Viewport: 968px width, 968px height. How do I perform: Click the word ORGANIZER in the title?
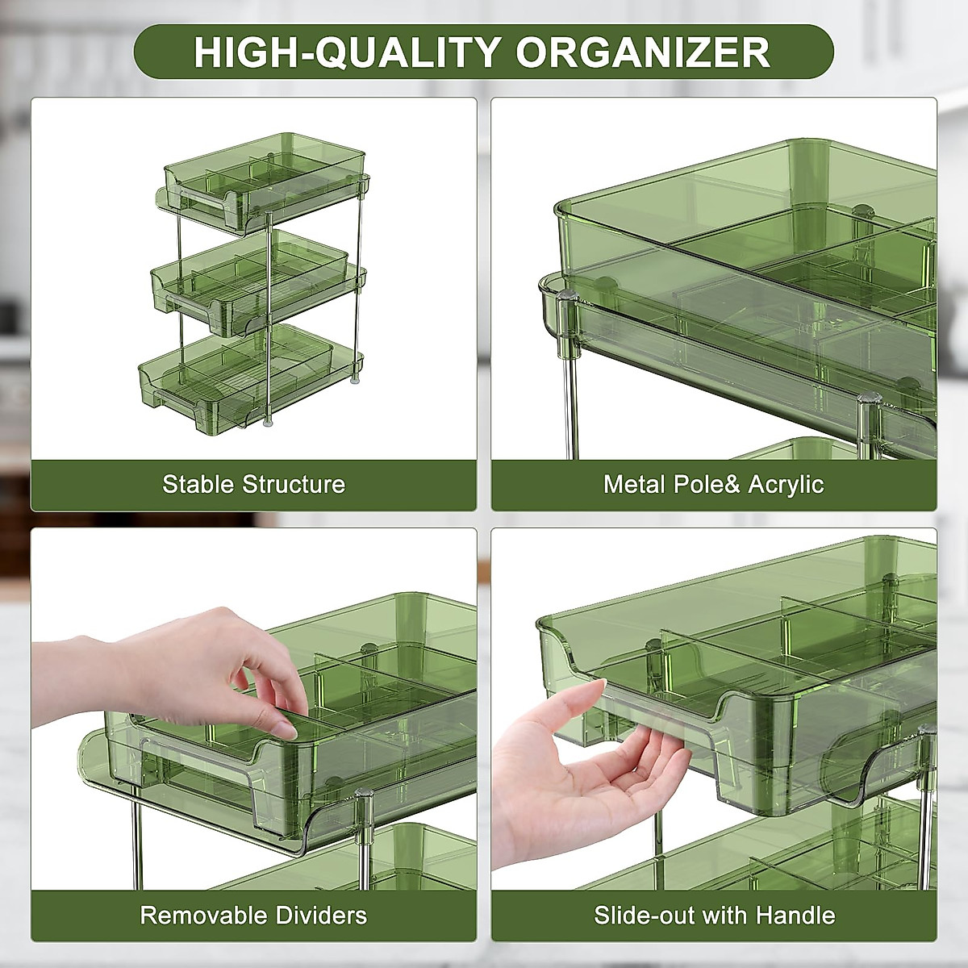(x=643, y=53)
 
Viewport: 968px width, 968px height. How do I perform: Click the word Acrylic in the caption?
(x=786, y=484)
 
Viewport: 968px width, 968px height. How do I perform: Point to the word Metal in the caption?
(x=635, y=484)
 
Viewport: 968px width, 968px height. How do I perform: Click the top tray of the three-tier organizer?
(x=258, y=177)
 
